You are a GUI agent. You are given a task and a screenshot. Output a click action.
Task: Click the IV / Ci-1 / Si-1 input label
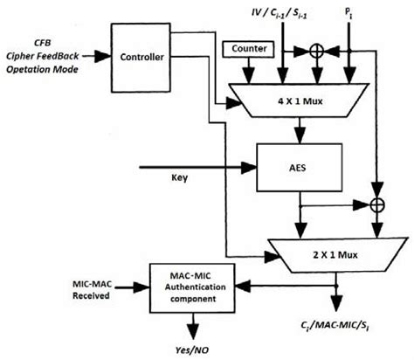(280, 11)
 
